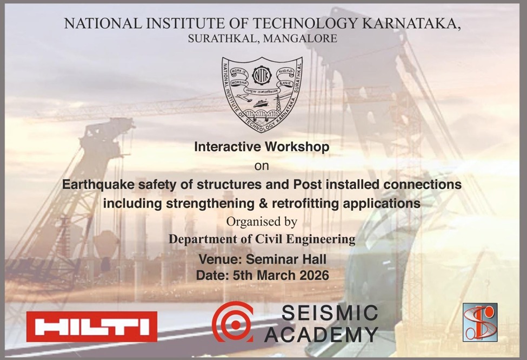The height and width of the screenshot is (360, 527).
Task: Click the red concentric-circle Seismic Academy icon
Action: pyautogui.click(x=232, y=322)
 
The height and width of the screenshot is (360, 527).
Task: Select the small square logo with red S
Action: pyautogui.click(x=479, y=322)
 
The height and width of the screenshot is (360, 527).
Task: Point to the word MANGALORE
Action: pyautogui.click(x=306, y=38)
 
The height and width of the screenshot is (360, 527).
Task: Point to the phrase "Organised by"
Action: pyautogui.click(x=262, y=222)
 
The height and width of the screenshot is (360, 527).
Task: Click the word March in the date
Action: pyautogui.click(x=268, y=275)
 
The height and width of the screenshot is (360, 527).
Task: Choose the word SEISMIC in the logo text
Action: pyautogui.click(x=329, y=313)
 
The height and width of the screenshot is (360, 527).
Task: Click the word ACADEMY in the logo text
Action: pyautogui.click(x=321, y=334)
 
